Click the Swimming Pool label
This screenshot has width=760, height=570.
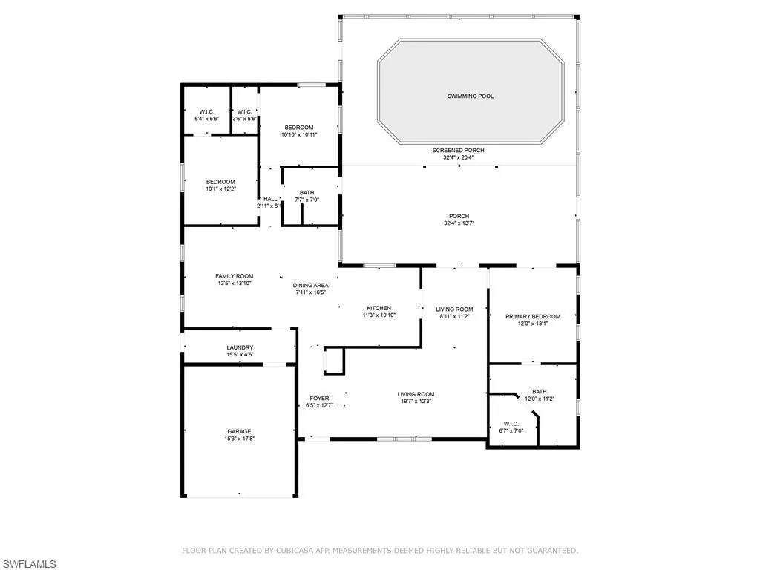(470, 96)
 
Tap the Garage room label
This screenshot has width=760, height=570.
(240, 431)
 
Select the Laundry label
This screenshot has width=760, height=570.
(240, 347)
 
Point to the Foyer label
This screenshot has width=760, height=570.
(319, 399)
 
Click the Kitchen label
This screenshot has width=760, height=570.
(379, 308)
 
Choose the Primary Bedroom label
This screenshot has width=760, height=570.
(533, 316)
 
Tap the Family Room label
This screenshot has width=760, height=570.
(235, 276)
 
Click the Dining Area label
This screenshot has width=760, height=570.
(311, 286)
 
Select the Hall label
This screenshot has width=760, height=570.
(270, 199)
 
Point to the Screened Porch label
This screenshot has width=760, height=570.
(459, 150)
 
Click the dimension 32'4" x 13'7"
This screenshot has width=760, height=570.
(459, 223)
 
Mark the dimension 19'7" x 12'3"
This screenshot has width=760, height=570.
(416, 402)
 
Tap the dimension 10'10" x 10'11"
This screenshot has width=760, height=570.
(299, 135)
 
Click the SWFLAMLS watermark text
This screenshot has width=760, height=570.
(28, 564)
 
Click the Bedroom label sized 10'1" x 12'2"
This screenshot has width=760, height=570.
(220, 183)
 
